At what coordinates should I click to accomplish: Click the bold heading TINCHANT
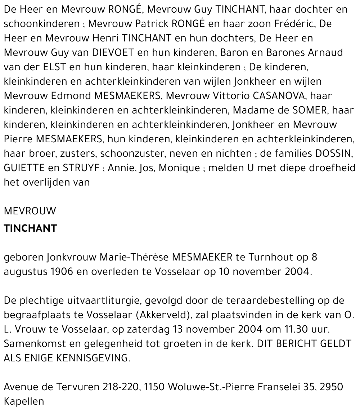[x=30, y=228]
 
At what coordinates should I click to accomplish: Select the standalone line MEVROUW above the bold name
[x=30, y=211]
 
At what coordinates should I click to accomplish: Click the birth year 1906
[x=60, y=272]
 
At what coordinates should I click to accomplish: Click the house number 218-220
[x=121, y=387]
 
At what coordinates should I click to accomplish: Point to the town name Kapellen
[x=24, y=401]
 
